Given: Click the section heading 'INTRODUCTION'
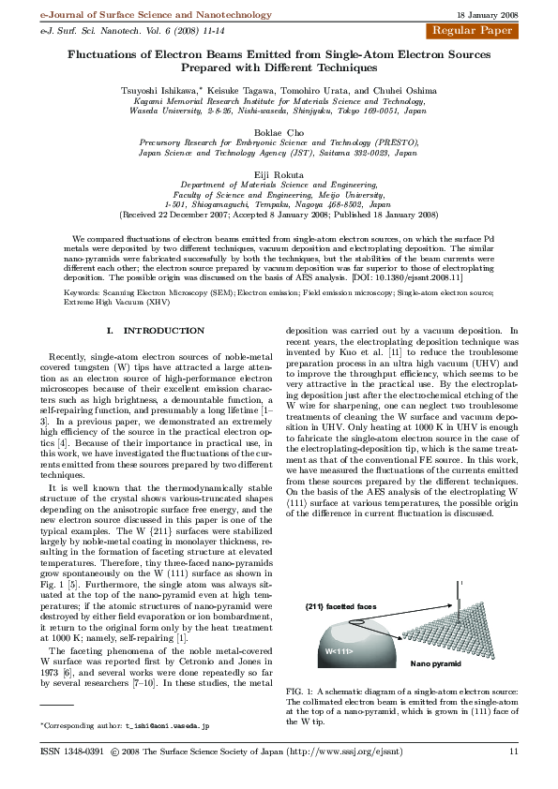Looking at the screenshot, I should click(158, 331).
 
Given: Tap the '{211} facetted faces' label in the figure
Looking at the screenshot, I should click(339, 607).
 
